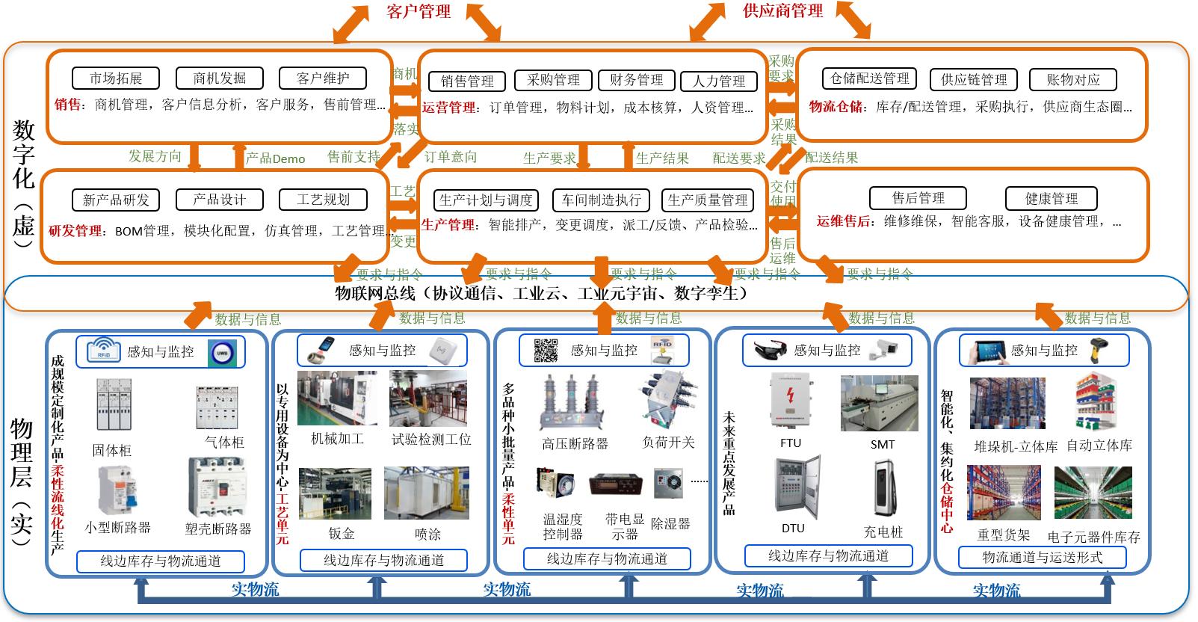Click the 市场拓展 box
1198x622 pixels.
tap(116, 78)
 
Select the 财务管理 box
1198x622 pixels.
tap(637, 80)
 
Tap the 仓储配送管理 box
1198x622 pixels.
tap(870, 78)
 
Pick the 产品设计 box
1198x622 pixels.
tap(219, 200)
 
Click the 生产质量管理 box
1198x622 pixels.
tap(707, 200)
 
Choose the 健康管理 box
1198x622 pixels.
tap(1051, 198)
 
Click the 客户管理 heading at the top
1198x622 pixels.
tap(419, 11)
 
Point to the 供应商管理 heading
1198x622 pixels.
tap(782, 10)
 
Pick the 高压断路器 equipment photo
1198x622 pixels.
tap(573, 403)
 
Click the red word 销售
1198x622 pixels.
tap(67, 105)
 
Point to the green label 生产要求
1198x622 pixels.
tap(549, 158)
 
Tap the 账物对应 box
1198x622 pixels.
tap(1072, 79)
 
